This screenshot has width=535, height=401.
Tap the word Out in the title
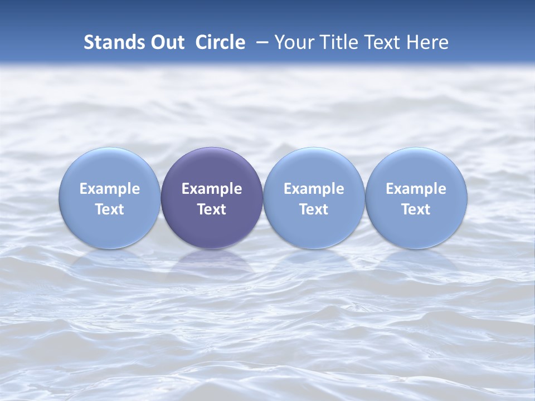166,42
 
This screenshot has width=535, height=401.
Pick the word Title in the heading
335,42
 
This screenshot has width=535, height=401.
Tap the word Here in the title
427,42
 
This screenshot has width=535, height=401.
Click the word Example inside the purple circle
212,189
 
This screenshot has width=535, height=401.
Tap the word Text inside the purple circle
212,209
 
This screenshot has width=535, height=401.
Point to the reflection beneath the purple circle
212,262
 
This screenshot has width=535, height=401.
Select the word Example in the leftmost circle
110,189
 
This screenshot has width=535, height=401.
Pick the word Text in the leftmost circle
110,209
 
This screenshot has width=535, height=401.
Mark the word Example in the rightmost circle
416,189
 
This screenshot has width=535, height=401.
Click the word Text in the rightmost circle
416,209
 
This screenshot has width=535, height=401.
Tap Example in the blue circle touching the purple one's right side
314,189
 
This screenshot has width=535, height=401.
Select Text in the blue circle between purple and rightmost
314,209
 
